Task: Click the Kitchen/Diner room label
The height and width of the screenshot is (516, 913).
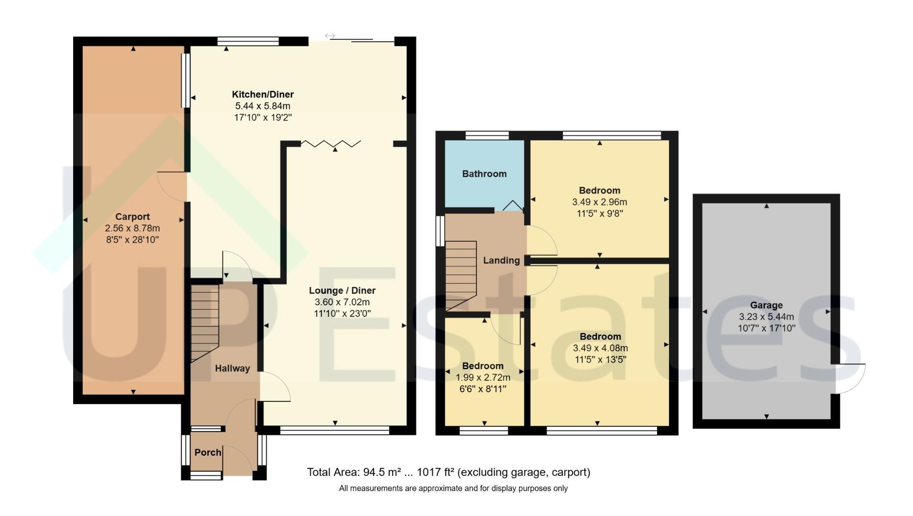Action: pos(263,94)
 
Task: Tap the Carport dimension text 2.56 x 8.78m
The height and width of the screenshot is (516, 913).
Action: pos(132,228)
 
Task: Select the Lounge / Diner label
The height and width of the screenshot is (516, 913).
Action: pos(342,290)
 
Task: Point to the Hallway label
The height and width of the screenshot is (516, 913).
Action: pos(232,368)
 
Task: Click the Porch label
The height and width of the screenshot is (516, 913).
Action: pos(208,452)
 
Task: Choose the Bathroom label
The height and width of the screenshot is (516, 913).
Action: pos(484,174)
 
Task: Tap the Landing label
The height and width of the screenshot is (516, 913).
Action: pos(501,260)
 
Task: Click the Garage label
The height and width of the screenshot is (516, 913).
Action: pos(766,305)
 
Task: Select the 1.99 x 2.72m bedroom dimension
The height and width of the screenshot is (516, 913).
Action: pos(483,377)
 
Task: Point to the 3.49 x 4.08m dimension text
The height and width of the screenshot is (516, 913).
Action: pos(600,348)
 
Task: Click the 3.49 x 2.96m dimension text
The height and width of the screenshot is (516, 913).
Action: pos(599,202)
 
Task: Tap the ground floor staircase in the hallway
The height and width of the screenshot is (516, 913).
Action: pos(205,323)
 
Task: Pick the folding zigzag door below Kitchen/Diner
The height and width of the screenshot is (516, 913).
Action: pos(330,143)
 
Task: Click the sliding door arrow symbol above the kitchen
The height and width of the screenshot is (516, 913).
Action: pos(330,36)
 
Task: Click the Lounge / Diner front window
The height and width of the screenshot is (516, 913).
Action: pos(335,431)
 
